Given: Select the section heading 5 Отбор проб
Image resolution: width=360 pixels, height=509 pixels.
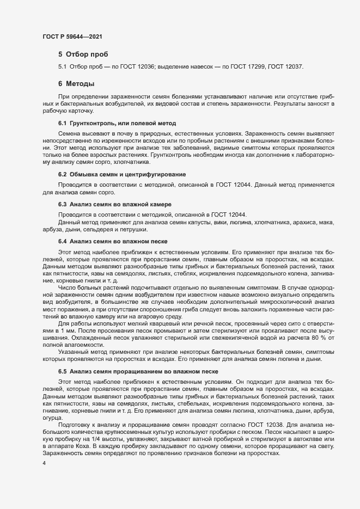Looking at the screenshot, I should click(x=83, y=54).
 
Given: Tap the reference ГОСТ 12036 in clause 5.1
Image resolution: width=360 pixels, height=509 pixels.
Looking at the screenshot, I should click(x=142, y=67).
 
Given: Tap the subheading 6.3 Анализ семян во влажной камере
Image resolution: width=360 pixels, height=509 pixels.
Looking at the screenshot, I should click(x=114, y=204).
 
